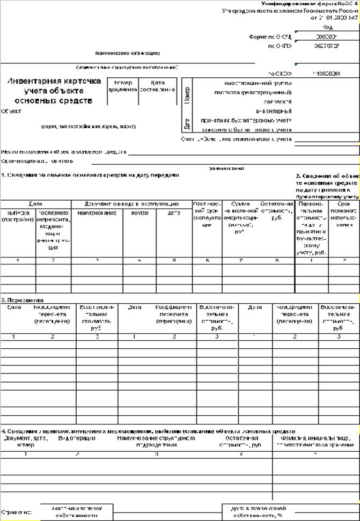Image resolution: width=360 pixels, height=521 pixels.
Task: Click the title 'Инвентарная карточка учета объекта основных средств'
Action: pyautogui.click(x=54, y=91)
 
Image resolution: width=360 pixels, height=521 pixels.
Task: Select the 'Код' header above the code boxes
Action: pyautogui.click(x=327, y=27)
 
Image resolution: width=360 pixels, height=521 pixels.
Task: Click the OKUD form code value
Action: pyautogui.click(x=327, y=36)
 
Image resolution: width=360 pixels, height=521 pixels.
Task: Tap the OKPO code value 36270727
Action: pyautogui.click(x=327, y=46)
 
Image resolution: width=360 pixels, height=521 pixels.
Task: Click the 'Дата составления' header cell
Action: pyautogui.click(x=157, y=86)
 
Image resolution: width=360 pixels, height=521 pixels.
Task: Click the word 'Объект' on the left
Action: pyautogui.click(x=11, y=111)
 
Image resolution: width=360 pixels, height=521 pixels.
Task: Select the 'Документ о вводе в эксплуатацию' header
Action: pyautogui.click(x=131, y=204)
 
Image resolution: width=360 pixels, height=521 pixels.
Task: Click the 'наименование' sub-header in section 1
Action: pyautogui.click(x=97, y=213)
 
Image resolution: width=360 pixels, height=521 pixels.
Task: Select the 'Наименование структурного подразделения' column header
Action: pyautogui.click(x=156, y=442)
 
